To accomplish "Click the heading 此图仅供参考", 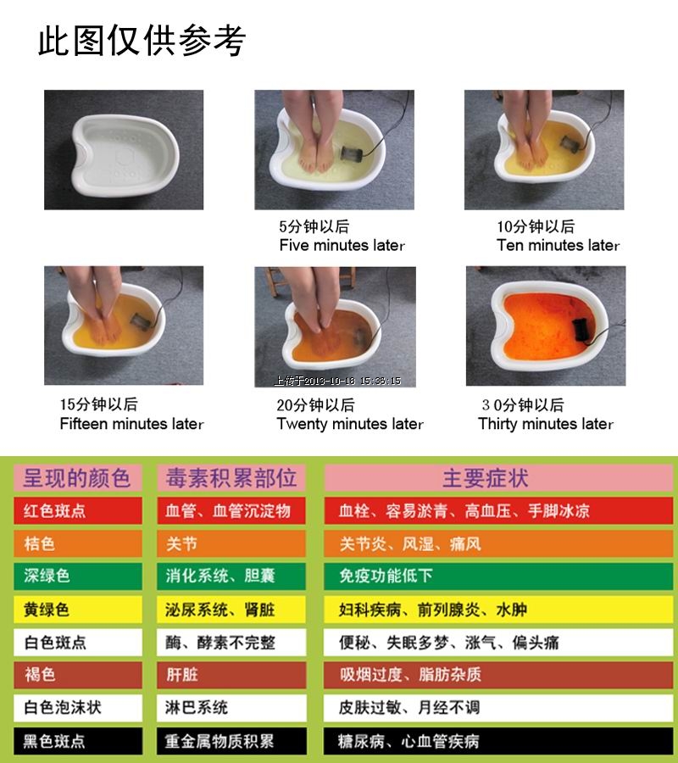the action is coord(142,40).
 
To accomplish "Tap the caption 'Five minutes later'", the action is coord(342,245).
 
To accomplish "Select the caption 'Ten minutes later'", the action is coord(558,245).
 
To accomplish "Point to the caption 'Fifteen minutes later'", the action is coord(131,423).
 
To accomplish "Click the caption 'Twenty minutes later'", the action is coord(350,424).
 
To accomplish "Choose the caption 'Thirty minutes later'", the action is coord(545,424).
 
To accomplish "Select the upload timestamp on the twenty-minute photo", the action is coord(337,381).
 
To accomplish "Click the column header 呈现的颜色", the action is coord(78,478).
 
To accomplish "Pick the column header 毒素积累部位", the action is coord(231,478).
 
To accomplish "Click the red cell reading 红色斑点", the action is coord(78,510).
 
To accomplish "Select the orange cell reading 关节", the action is coord(231,543).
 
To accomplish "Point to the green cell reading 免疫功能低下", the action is coord(498,576).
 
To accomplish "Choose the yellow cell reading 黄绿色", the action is coord(78,610).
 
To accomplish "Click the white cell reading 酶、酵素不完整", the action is coord(231,643).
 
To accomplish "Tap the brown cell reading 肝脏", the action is coord(231,675).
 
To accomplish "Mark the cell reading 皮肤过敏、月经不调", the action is coord(498,708).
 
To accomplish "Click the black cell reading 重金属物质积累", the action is coord(231,741).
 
